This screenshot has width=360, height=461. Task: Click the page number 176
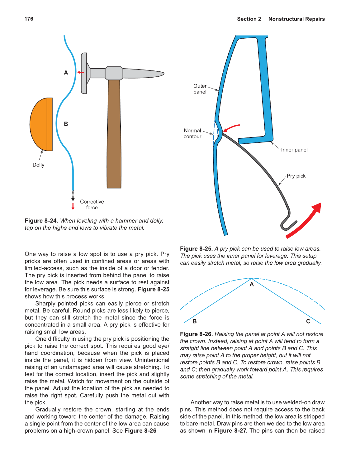coord(29,19)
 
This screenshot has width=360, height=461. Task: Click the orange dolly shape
coord(40,124)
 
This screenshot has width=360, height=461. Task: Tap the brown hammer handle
coord(114,134)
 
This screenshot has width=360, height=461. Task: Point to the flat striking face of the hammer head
coord(83,73)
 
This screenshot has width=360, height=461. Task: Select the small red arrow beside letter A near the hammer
coord(81,72)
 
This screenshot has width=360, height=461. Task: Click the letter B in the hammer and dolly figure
coord(66,124)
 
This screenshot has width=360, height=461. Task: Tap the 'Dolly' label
coord(38,165)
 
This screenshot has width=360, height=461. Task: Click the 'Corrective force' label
coord(92,204)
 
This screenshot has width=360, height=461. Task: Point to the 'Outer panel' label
coord(200,89)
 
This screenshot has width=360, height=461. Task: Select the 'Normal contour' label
coord(192,133)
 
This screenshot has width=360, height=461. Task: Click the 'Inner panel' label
coord(294,150)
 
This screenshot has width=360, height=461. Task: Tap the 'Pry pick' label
coord(296,176)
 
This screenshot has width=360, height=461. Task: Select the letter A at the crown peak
coord(252,284)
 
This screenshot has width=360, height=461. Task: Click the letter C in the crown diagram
coord(308,321)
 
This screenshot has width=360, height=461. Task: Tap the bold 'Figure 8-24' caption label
coord(40,221)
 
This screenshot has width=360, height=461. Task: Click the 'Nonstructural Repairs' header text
coord(296,19)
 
